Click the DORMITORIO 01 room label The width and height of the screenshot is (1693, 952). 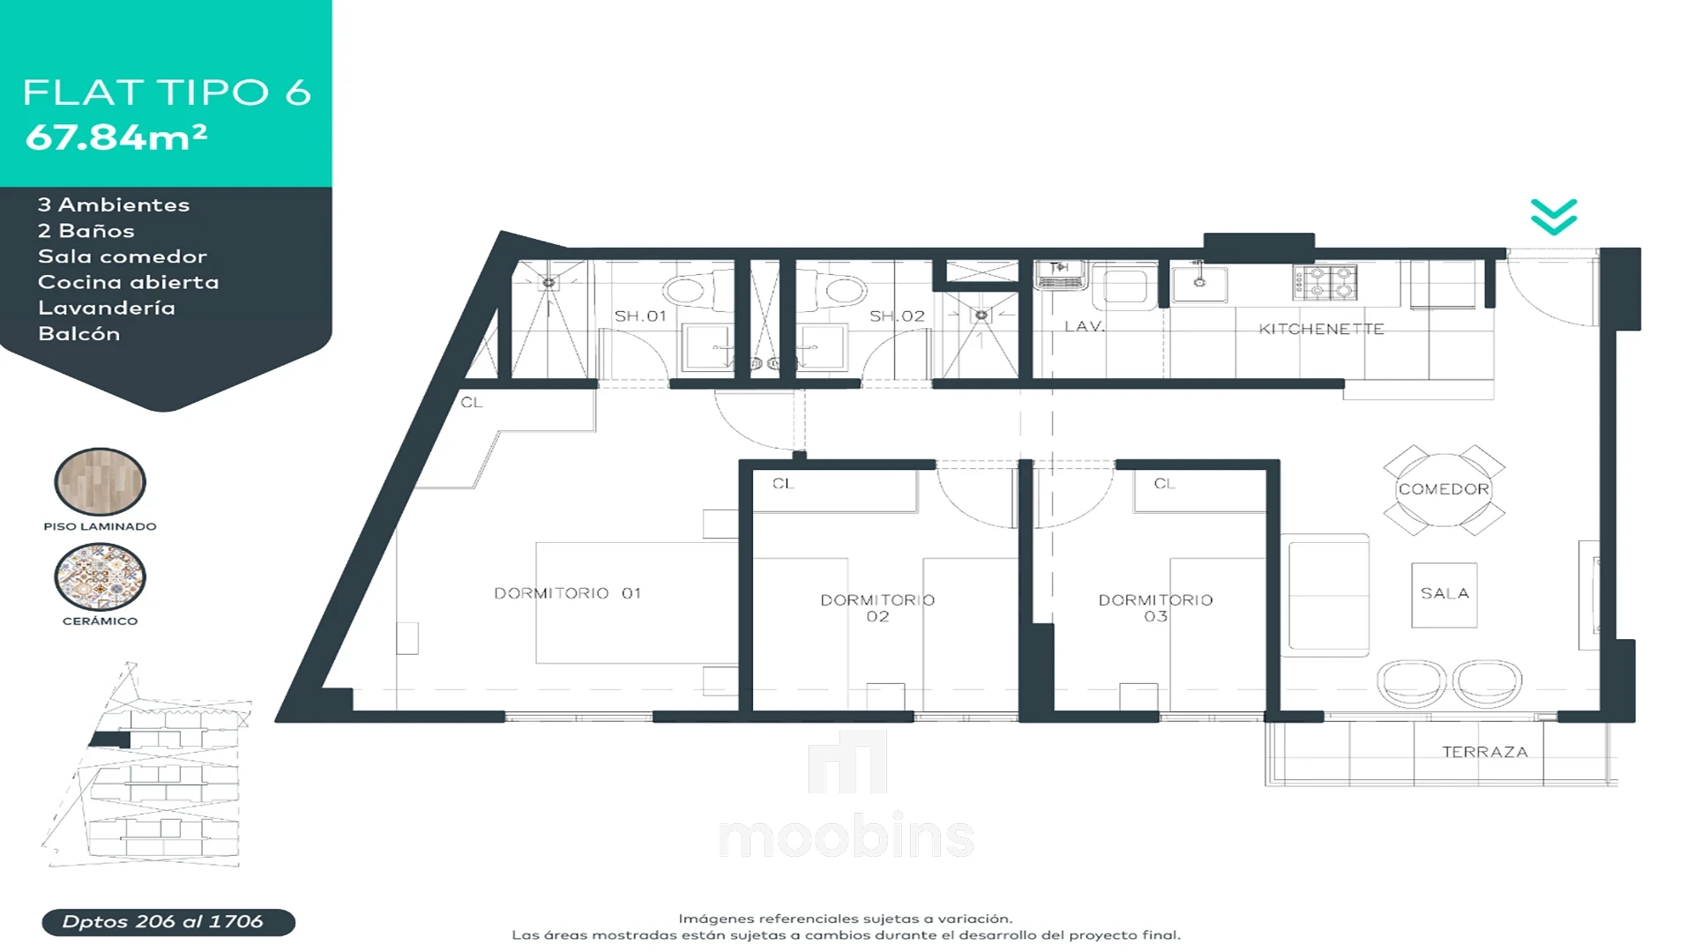567,593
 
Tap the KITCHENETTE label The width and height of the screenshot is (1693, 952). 1321,329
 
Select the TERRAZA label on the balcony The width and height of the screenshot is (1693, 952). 1485,752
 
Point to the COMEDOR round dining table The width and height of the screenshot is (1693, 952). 1443,489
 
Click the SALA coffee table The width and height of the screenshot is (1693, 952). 1444,595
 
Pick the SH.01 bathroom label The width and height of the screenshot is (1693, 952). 640,316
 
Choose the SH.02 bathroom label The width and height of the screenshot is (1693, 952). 897,316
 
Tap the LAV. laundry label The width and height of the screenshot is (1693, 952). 1084,326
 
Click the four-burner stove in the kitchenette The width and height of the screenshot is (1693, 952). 1324,282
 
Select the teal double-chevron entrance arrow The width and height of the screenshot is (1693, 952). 1554,217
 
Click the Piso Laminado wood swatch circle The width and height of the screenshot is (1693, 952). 100,481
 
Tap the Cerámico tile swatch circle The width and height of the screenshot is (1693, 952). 100,576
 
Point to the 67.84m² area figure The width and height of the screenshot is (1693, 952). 116,137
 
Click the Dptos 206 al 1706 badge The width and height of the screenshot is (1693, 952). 168,922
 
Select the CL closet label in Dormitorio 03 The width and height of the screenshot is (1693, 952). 1164,484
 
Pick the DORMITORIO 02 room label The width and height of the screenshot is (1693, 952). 877,608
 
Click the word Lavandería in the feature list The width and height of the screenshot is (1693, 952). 107,308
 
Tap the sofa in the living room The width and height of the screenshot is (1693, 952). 1324,595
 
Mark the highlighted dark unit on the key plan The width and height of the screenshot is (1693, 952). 110,740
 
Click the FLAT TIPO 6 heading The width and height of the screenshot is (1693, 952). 167,93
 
